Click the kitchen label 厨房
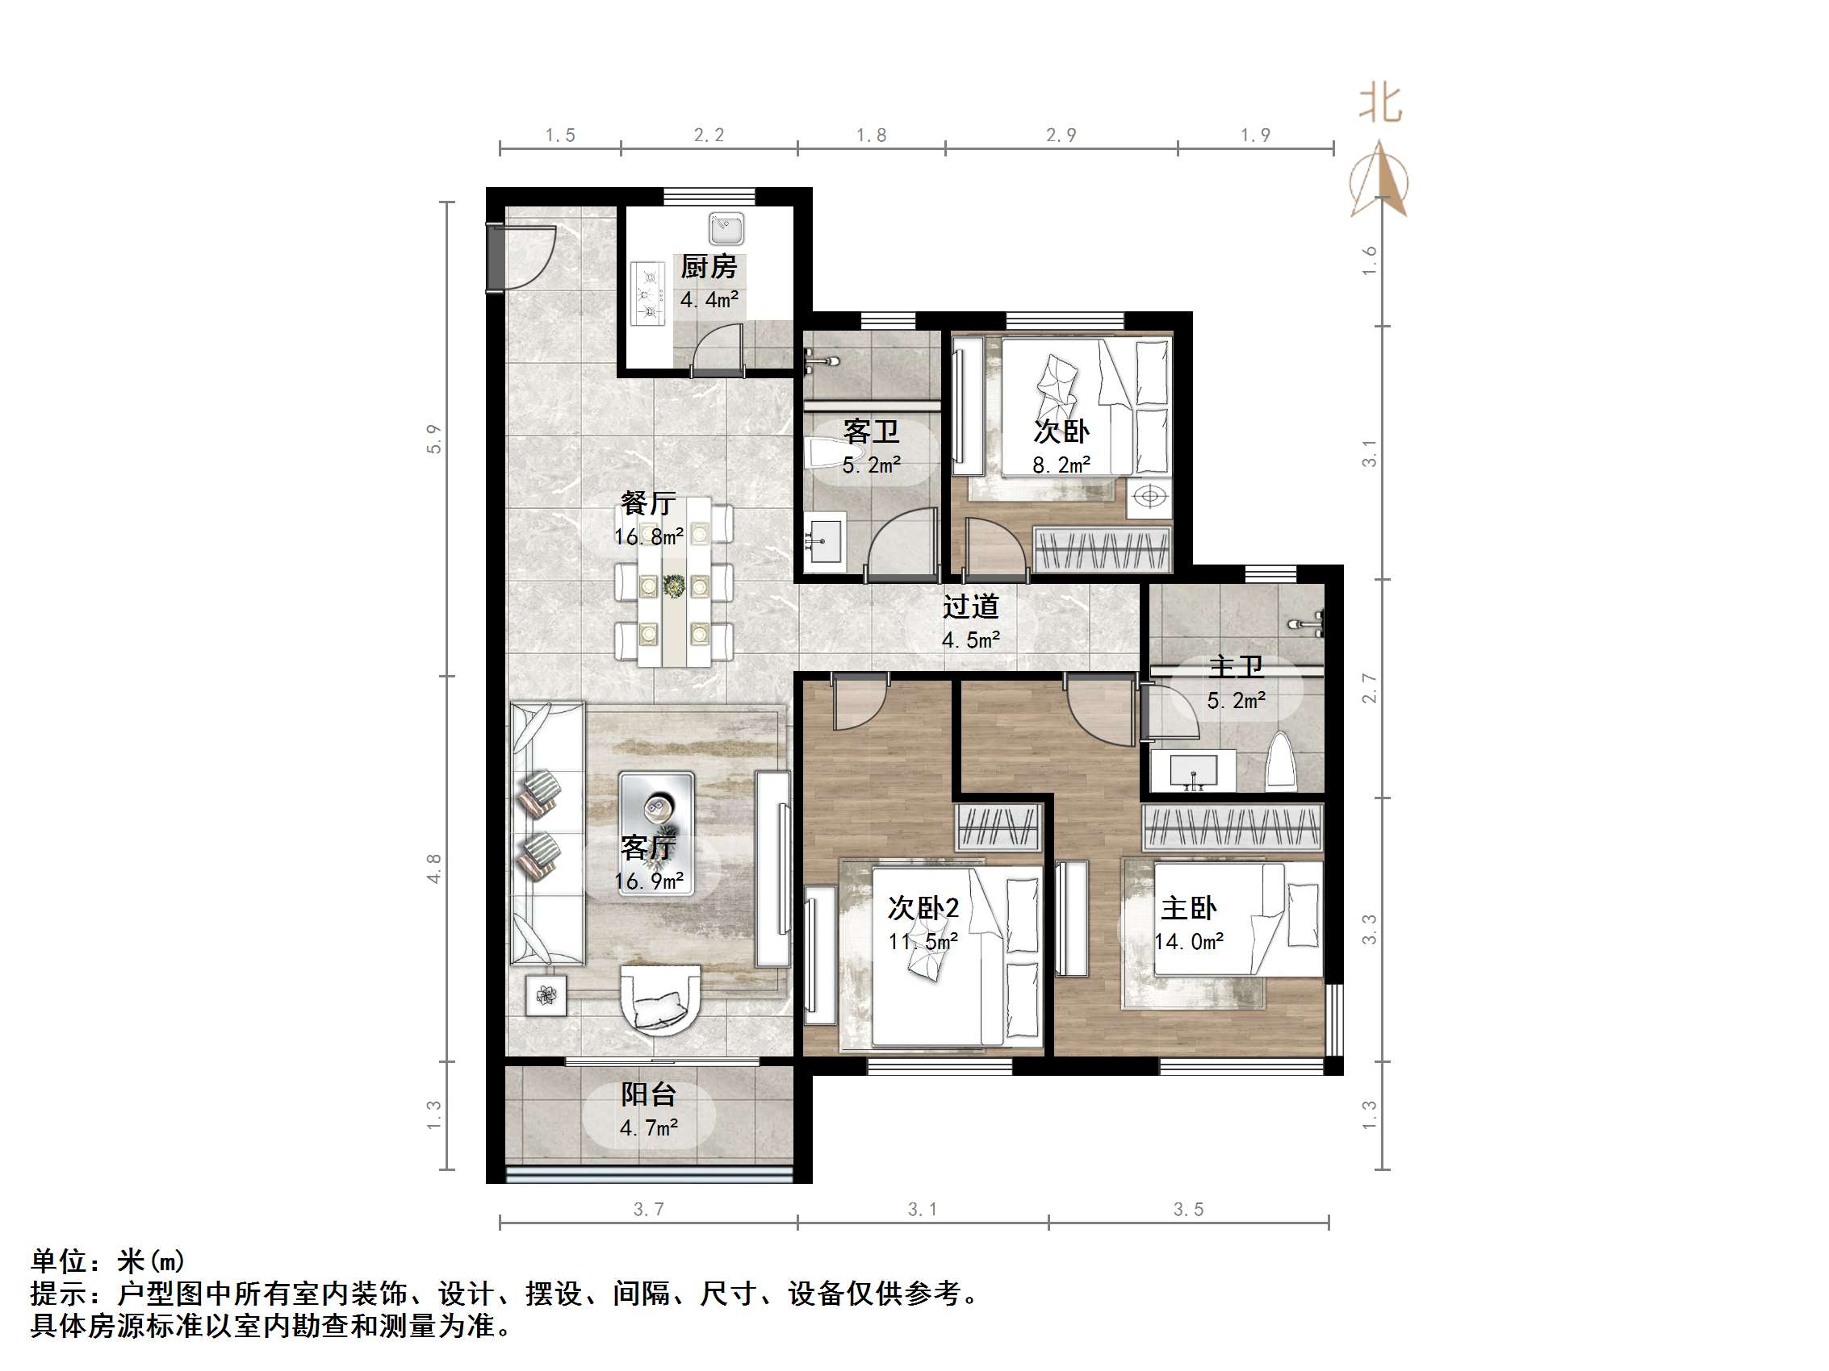[x=709, y=267]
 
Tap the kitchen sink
[x=726, y=227]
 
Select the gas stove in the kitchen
[x=648, y=292]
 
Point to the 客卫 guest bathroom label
[x=871, y=431]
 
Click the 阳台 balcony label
[x=648, y=1095]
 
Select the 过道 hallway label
[x=971, y=606]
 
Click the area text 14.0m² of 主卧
[x=1189, y=941]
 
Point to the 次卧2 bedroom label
[x=923, y=908]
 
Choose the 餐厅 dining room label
[x=648, y=502]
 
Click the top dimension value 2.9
[x=1061, y=135]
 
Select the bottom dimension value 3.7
[x=648, y=1210]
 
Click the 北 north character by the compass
[x=1380, y=104]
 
